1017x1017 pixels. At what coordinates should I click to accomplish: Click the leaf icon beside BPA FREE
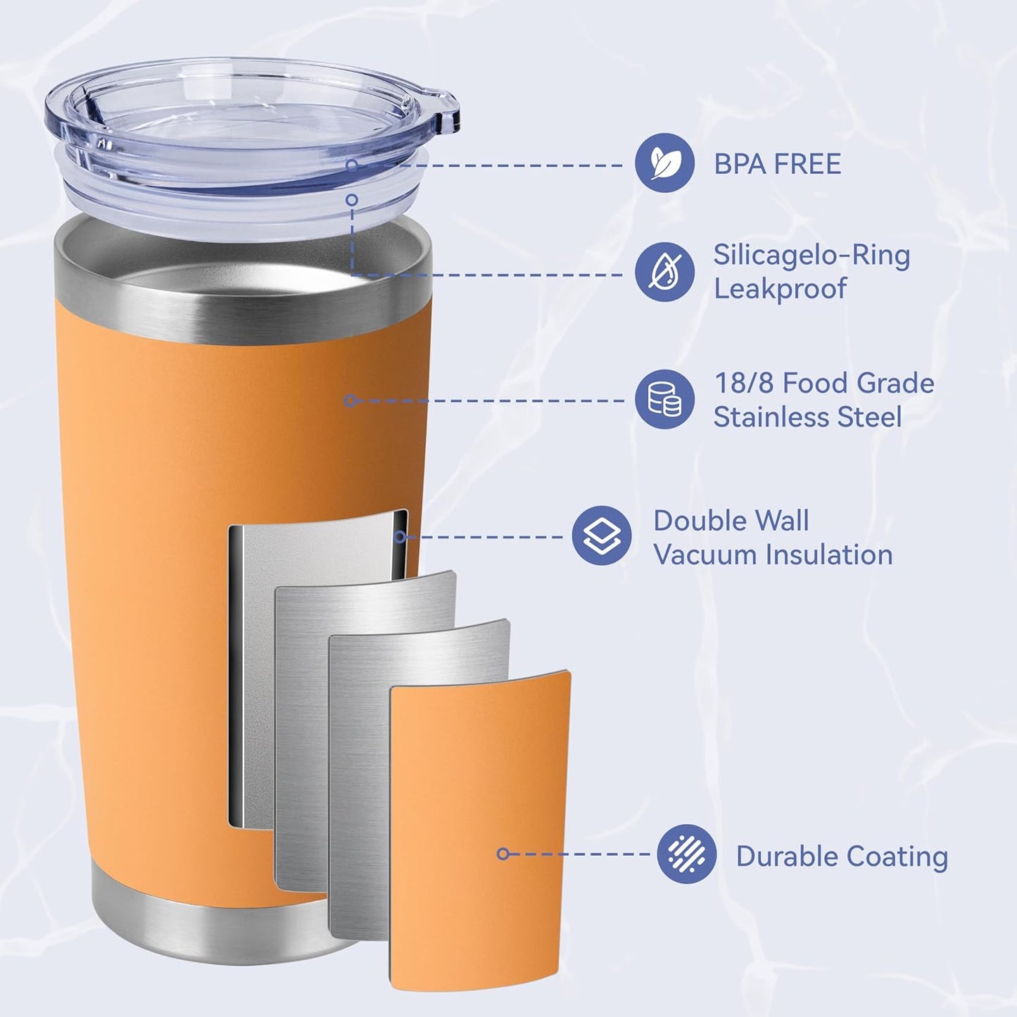pyautogui.click(x=664, y=163)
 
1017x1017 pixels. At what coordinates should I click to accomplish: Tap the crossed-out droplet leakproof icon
pyautogui.click(x=664, y=272)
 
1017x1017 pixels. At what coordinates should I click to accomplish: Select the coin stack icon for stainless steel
pyautogui.click(x=664, y=399)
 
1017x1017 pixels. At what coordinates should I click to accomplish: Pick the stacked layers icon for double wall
pyautogui.click(x=602, y=536)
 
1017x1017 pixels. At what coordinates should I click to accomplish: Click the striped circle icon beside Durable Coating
pyautogui.click(x=686, y=854)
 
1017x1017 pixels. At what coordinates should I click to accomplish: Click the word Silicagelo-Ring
pyautogui.click(x=811, y=255)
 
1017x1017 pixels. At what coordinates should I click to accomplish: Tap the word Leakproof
pyautogui.click(x=780, y=289)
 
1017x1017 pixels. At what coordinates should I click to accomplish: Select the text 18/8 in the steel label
pyautogui.click(x=744, y=384)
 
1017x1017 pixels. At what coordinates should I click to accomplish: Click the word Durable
pyautogui.click(x=787, y=857)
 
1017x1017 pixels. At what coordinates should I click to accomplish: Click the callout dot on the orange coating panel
pyautogui.click(x=503, y=854)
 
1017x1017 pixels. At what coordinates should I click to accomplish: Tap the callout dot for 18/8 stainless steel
pyautogui.click(x=350, y=400)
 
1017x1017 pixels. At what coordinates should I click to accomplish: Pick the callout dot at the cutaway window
pyautogui.click(x=400, y=537)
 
